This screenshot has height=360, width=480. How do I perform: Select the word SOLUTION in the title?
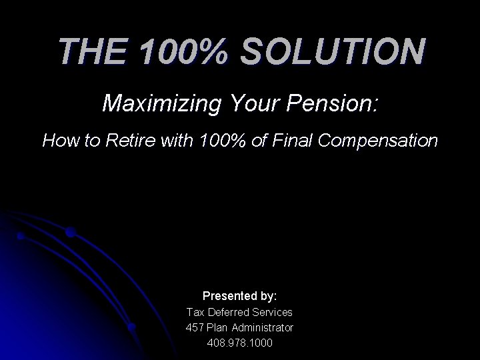click(331, 51)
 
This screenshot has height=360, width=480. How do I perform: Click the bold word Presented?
click(228, 295)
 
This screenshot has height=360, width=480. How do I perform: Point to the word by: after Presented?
click(267, 295)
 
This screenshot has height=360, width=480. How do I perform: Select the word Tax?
click(195, 311)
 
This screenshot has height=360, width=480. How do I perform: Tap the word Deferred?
click(228, 311)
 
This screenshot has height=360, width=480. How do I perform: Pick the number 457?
click(196, 327)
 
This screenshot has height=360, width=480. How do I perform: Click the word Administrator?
click(263, 327)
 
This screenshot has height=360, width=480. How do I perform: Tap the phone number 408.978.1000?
click(240, 343)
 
